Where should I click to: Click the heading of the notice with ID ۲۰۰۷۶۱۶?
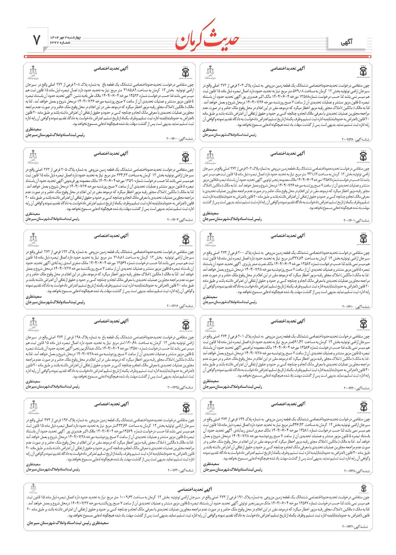[111, 236]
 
